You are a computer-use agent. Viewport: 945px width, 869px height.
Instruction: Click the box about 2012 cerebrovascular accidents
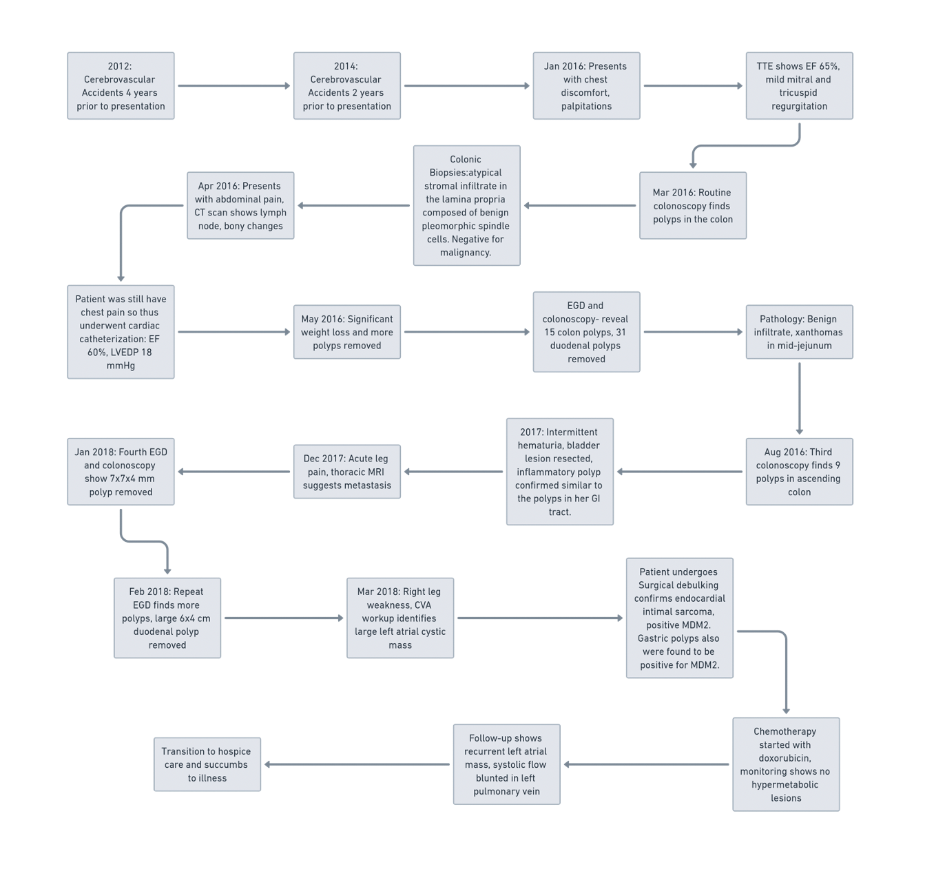point(121,85)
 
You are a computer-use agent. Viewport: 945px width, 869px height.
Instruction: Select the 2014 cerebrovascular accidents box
point(346,85)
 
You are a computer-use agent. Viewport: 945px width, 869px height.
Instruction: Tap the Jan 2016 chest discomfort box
point(586,85)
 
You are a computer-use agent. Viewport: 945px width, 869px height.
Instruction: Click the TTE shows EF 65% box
point(799,85)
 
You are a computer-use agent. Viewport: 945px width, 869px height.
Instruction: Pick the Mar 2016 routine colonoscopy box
point(692,205)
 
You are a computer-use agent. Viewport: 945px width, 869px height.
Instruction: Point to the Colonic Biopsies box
point(466,205)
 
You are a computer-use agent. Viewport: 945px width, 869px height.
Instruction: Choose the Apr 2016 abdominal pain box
point(240,205)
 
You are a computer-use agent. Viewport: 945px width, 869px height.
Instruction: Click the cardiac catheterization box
point(121,332)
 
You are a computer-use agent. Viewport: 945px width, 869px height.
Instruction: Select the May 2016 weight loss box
point(346,332)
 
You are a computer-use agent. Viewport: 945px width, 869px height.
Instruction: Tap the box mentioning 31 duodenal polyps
point(586,332)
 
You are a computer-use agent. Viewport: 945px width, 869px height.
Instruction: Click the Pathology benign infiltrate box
point(799,332)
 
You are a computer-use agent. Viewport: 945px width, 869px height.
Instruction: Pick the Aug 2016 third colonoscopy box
point(799,472)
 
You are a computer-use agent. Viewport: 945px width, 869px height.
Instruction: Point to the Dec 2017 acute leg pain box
point(346,472)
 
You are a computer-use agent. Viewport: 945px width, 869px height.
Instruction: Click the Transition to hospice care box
point(207,764)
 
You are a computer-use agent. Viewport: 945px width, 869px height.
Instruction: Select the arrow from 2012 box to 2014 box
point(233,85)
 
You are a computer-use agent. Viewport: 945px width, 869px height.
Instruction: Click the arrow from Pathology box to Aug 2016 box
point(799,399)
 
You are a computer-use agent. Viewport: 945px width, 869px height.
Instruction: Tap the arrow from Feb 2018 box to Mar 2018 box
point(284,618)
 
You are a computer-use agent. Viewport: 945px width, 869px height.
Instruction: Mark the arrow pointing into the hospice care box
point(357,764)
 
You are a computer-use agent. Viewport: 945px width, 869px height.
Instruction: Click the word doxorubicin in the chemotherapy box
point(785,758)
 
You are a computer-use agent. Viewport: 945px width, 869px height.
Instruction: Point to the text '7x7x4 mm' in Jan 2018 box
point(120,479)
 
